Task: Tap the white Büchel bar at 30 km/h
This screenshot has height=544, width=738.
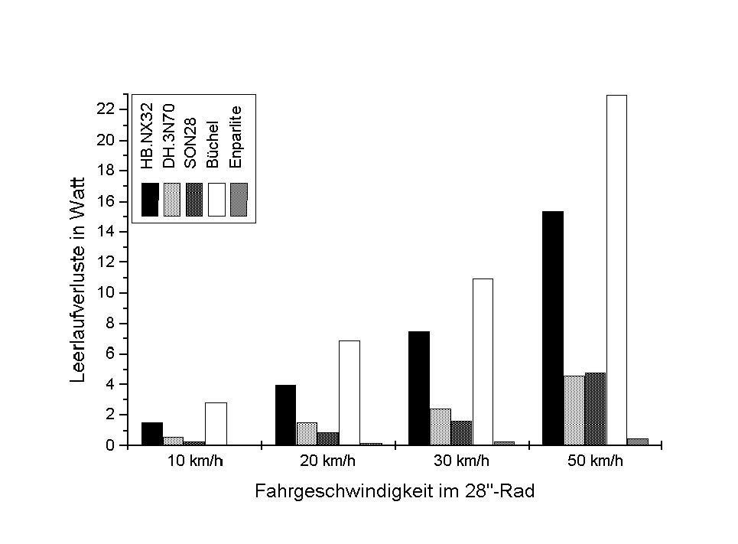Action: (483, 361)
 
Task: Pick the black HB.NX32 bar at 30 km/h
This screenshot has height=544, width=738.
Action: (419, 388)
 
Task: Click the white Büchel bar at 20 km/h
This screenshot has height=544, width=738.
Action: (349, 393)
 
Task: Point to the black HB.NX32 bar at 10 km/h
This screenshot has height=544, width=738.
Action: (151, 433)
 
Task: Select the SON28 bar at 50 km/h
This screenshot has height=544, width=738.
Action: (595, 409)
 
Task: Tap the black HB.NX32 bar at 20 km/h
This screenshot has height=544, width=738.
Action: (285, 415)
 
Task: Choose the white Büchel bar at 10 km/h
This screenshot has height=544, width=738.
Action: (216, 423)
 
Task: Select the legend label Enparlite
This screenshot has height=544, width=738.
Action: (237, 135)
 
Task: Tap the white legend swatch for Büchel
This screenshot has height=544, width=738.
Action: (216, 200)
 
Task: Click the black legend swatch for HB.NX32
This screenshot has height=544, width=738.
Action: (150, 200)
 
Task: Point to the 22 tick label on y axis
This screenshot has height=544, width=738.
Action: (106, 109)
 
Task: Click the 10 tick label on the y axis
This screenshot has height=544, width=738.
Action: (106, 293)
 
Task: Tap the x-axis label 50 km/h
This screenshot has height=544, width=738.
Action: (595, 461)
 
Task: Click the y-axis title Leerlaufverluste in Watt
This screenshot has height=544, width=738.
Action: (78, 278)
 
